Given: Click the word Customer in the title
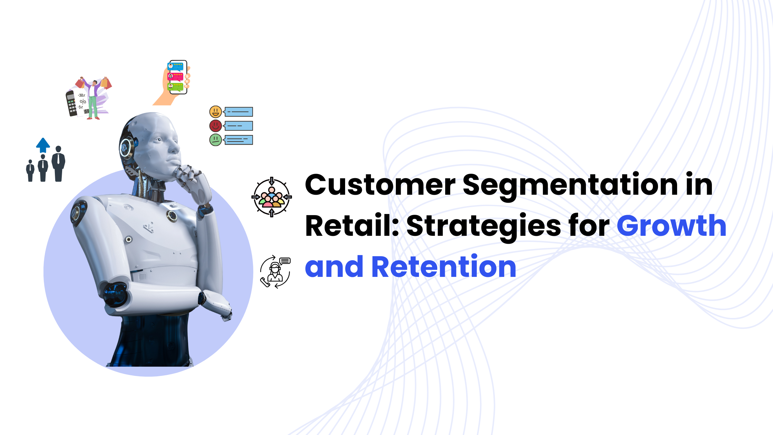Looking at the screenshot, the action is [x=380, y=185].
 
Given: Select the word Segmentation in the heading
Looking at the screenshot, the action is [x=570, y=186].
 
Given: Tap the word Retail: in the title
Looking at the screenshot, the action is [x=352, y=226].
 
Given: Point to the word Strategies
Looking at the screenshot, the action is [x=484, y=227].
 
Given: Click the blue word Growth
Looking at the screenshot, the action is [x=672, y=226].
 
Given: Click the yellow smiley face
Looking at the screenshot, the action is [x=216, y=112].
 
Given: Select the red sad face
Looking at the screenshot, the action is [x=216, y=126].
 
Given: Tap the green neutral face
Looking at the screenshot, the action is [x=216, y=140].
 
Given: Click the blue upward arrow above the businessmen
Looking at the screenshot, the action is [x=43, y=145].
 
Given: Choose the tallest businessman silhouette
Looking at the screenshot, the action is [x=59, y=164].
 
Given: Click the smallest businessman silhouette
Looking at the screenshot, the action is [x=30, y=171].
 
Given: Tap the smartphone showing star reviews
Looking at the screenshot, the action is [x=178, y=77].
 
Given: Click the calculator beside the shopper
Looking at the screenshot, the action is [x=71, y=104].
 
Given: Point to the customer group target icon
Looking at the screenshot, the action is [x=272, y=197].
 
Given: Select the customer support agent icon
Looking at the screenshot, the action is [x=275, y=272].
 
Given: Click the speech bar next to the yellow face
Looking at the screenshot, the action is [x=238, y=112].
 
